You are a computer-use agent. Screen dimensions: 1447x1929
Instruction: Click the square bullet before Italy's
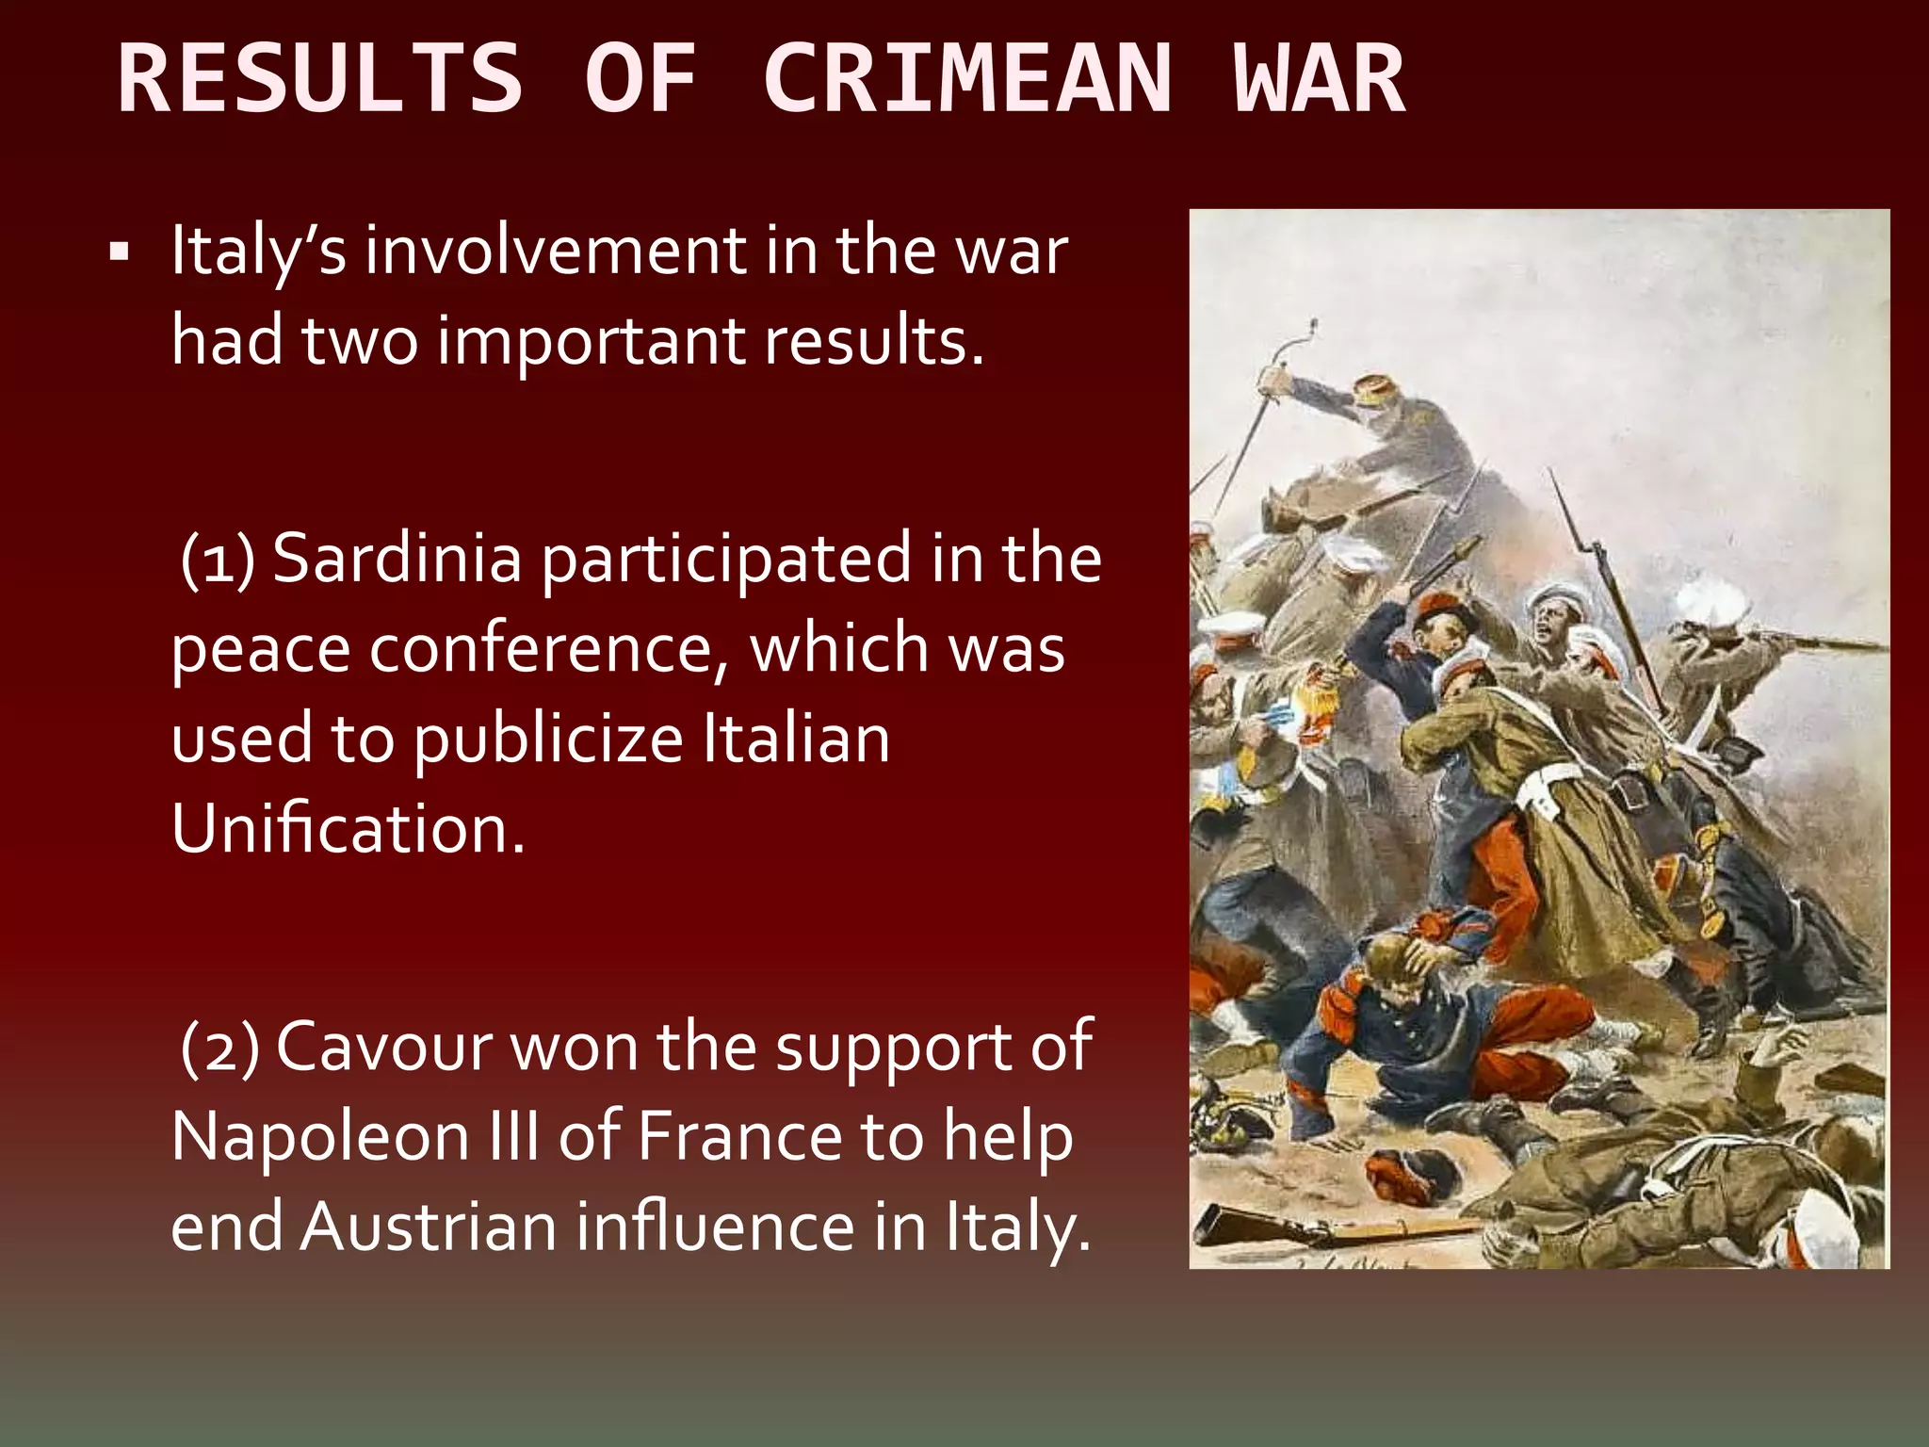[119, 252]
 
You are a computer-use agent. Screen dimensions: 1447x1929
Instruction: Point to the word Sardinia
[397, 558]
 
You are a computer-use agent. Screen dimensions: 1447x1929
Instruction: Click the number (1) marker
[218, 560]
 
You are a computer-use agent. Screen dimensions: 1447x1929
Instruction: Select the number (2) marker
[219, 1048]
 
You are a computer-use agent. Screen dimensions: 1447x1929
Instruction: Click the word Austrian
[429, 1227]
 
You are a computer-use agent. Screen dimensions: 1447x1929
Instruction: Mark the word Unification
[348, 829]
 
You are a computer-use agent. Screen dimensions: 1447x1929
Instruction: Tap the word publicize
[548, 740]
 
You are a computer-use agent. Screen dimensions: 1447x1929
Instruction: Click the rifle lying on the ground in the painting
[1319, 1228]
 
